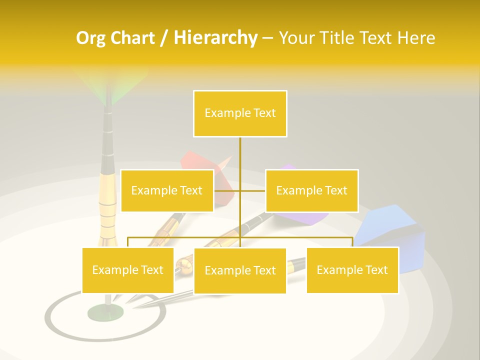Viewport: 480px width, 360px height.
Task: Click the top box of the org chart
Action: tap(240, 113)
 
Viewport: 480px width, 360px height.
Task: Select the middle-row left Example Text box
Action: tap(167, 190)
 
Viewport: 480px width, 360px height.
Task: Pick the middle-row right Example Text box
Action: tap(311, 190)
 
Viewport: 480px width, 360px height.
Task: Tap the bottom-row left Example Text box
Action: tap(128, 270)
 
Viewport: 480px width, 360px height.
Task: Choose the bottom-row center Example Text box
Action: tap(240, 270)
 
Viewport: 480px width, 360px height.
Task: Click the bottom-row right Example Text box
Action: tap(352, 270)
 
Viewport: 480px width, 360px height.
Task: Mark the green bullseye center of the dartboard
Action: tap(105, 312)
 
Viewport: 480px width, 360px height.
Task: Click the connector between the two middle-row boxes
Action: tap(240, 190)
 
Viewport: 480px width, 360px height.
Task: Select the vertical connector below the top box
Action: tap(240, 155)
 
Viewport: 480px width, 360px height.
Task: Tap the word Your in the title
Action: tap(297, 38)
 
